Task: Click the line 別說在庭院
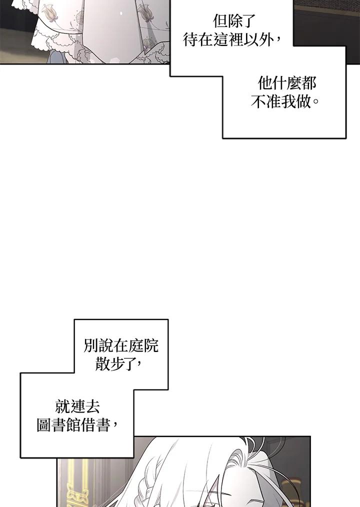(x=121, y=346)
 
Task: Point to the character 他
(x=265, y=83)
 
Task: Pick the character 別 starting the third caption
(x=91, y=346)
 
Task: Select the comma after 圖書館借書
(x=116, y=427)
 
